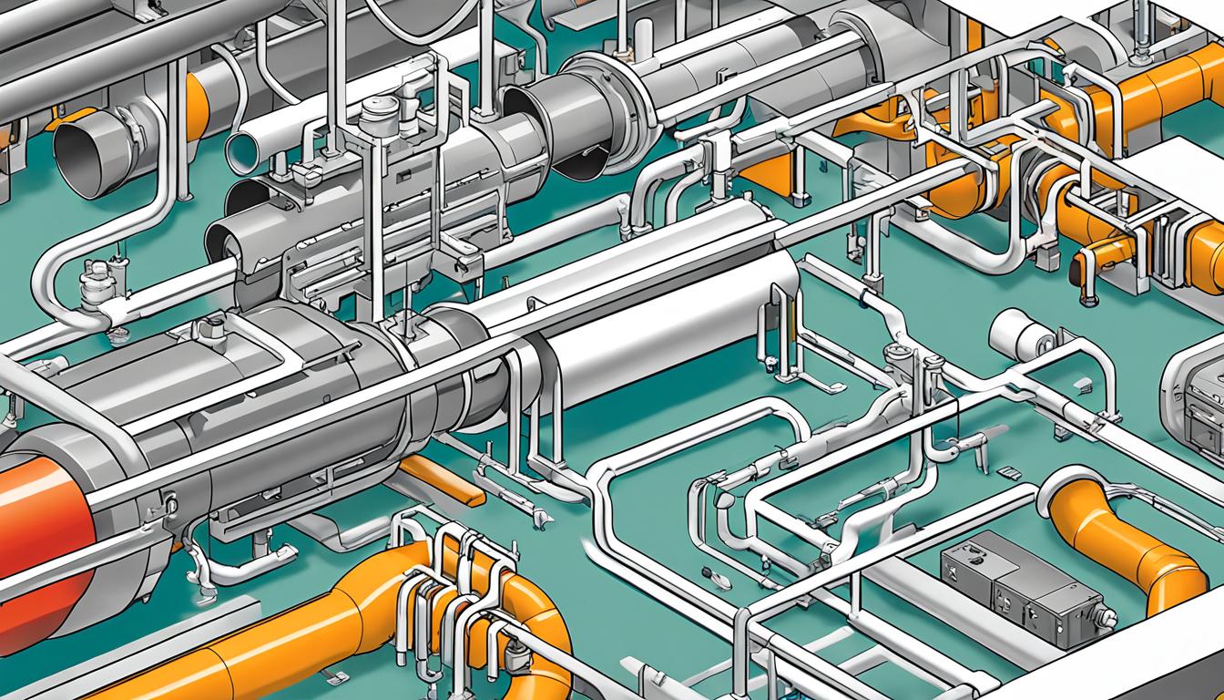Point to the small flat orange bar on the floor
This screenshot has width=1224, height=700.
(443, 480)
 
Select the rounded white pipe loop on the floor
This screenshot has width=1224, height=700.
(692, 437)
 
